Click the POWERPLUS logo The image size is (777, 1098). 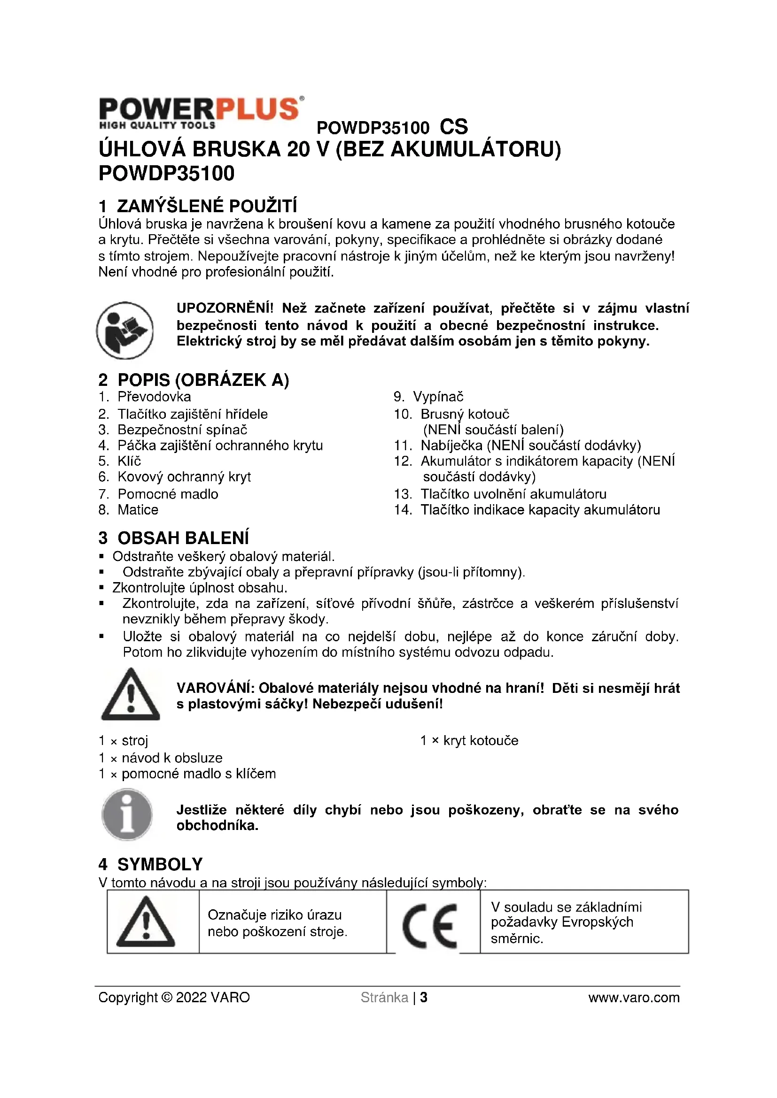[201, 113]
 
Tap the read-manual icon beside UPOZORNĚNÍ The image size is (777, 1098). [125, 330]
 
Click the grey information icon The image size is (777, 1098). [127, 814]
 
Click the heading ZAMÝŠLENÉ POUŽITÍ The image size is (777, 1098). [207, 206]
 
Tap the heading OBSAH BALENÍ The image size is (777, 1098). [183, 538]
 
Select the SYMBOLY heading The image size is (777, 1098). [160, 864]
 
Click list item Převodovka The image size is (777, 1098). [154, 397]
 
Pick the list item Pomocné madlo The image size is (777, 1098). [167, 494]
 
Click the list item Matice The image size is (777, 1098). [138, 510]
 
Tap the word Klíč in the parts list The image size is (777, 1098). [129, 461]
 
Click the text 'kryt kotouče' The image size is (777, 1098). [481, 741]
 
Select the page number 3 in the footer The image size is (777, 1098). [423, 998]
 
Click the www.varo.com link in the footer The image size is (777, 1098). [633, 998]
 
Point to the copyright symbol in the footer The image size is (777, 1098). [167, 998]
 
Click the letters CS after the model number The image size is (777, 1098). [454, 127]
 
